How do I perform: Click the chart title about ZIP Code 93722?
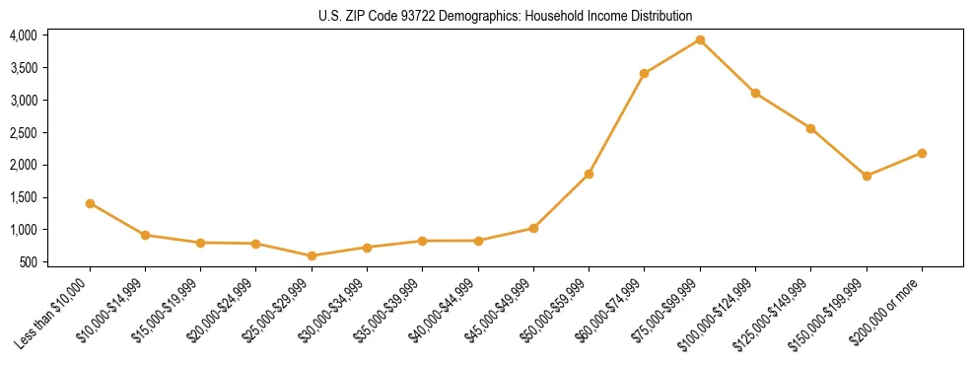tap(506, 16)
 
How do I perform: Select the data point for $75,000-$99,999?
tap(700, 39)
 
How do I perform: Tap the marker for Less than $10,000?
tap(90, 203)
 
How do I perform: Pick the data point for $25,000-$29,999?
tap(312, 255)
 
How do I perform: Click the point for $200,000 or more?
tap(922, 153)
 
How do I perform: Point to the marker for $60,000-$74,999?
tap(644, 73)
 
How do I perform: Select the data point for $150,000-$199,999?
tap(867, 176)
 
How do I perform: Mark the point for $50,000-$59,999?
tap(589, 174)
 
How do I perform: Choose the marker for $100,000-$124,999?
tap(755, 93)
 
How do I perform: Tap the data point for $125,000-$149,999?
tap(810, 128)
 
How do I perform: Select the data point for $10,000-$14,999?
tap(145, 235)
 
